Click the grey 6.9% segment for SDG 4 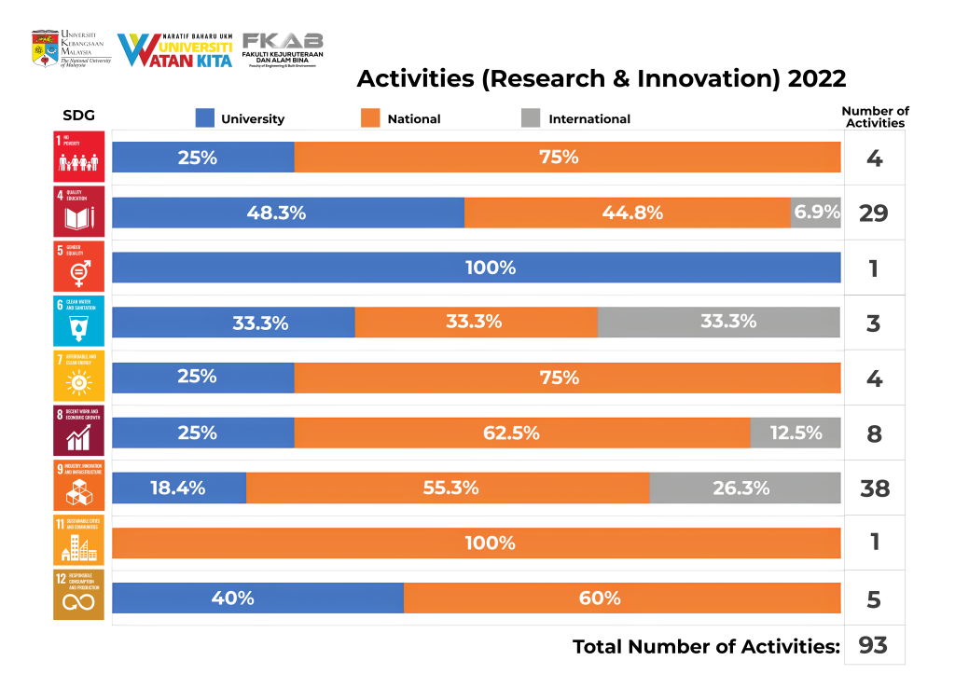815,213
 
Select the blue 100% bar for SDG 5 476,268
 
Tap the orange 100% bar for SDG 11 476,543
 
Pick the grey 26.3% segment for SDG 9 744,488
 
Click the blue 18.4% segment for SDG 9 178,488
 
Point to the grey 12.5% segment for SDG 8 795,433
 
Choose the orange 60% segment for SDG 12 622,598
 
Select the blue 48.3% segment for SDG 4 287,213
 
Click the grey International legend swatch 531,118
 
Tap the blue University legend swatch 204,118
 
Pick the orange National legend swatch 369,118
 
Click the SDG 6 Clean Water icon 79,322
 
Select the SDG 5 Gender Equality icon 79,267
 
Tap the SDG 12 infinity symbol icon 79,598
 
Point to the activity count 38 874,488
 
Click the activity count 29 874,213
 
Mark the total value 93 873,645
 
